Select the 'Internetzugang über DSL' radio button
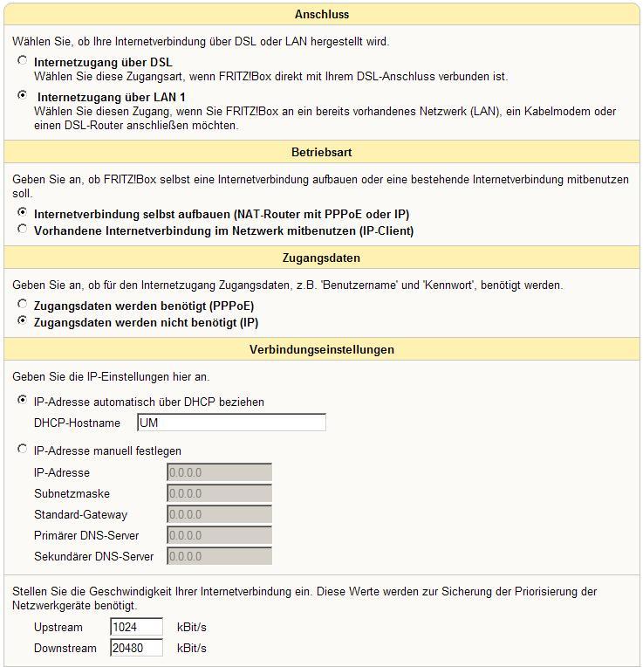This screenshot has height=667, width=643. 22,61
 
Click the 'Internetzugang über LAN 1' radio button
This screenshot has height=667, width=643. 22,95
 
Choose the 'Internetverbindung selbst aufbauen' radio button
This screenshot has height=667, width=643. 22,212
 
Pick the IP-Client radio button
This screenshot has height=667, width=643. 22,229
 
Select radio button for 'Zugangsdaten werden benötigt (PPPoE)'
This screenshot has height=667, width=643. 22,304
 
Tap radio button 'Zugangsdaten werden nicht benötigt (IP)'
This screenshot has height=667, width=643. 22,320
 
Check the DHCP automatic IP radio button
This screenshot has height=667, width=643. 22,400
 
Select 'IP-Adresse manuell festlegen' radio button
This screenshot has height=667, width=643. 22,449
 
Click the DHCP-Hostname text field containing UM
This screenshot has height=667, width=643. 231,423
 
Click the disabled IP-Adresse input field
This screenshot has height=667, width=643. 219,472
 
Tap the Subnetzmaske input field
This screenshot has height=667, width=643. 219,493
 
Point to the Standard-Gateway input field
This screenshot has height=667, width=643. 219,514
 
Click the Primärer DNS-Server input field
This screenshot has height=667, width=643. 219,535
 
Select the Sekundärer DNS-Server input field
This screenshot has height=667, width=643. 219,556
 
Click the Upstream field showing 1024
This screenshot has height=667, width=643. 137,627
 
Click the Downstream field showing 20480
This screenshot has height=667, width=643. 137,648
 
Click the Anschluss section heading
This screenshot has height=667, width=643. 321,14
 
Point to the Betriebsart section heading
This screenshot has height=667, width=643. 321,152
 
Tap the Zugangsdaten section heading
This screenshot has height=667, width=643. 321,258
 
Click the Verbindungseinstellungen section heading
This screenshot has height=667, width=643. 321,349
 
